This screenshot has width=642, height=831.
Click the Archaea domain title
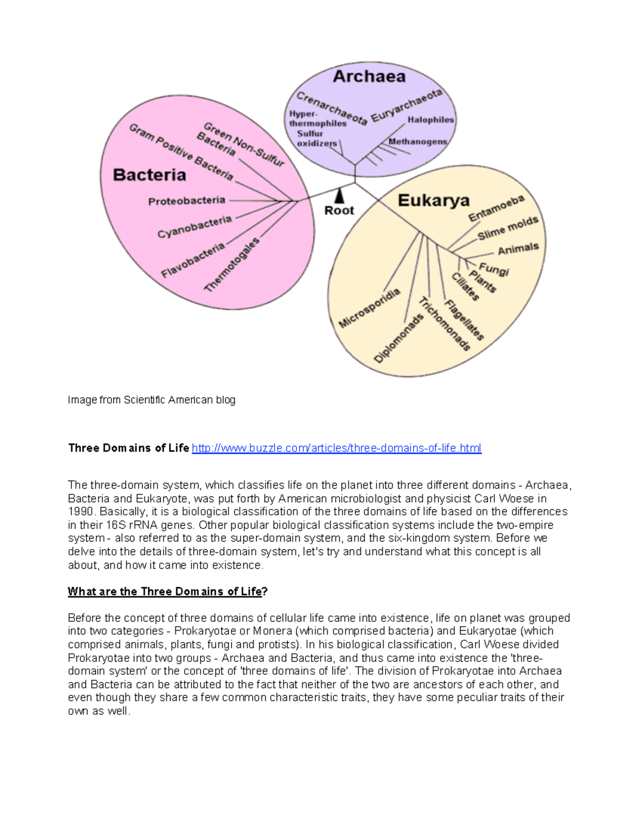click(x=369, y=77)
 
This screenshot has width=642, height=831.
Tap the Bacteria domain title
click(x=149, y=175)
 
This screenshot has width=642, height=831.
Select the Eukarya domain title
click(x=433, y=201)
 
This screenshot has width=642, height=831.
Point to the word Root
click(x=339, y=211)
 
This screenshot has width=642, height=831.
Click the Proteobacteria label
click(x=187, y=201)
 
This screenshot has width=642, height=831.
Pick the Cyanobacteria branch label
click(x=194, y=227)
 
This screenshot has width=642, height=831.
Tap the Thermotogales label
click(x=232, y=264)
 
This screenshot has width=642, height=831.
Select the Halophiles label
click(x=431, y=120)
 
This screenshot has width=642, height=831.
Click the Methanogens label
click(x=418, y=142)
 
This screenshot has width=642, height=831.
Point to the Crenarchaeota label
click(x=332, y=108)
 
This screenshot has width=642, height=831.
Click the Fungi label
click(x=493, y=269)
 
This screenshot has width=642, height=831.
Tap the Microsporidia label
click(x=369, y=308)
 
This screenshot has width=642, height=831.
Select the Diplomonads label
click(x=399, y=338)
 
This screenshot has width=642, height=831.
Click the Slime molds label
click(x=507, y=228)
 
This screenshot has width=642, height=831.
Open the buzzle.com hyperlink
click(x=337, y=448)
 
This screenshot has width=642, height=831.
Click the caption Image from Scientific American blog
click(x=151, y=400)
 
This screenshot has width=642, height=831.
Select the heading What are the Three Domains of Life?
click(x=167, y=591)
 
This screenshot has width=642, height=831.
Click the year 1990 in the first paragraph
click(x=80, y=512)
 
